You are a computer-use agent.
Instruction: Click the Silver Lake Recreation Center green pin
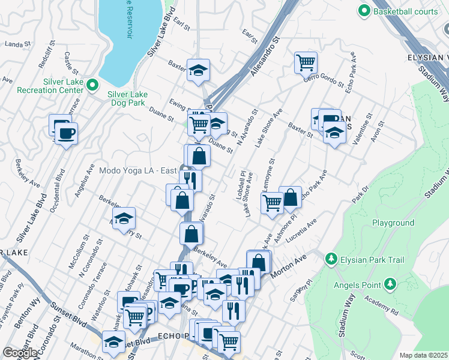[x=92, y=85]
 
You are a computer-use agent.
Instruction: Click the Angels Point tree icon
[x=390, y=283]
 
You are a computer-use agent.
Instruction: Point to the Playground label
[x=393, y=223]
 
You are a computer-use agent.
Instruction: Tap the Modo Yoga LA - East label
[x=138, y=171]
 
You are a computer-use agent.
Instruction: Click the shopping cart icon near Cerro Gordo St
[x=306, y=62]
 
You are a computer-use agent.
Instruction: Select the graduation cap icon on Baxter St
[x=197, y=71]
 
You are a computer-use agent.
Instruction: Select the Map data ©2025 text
[x=423, y=355]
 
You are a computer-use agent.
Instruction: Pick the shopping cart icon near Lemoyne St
[x=272, y=203]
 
